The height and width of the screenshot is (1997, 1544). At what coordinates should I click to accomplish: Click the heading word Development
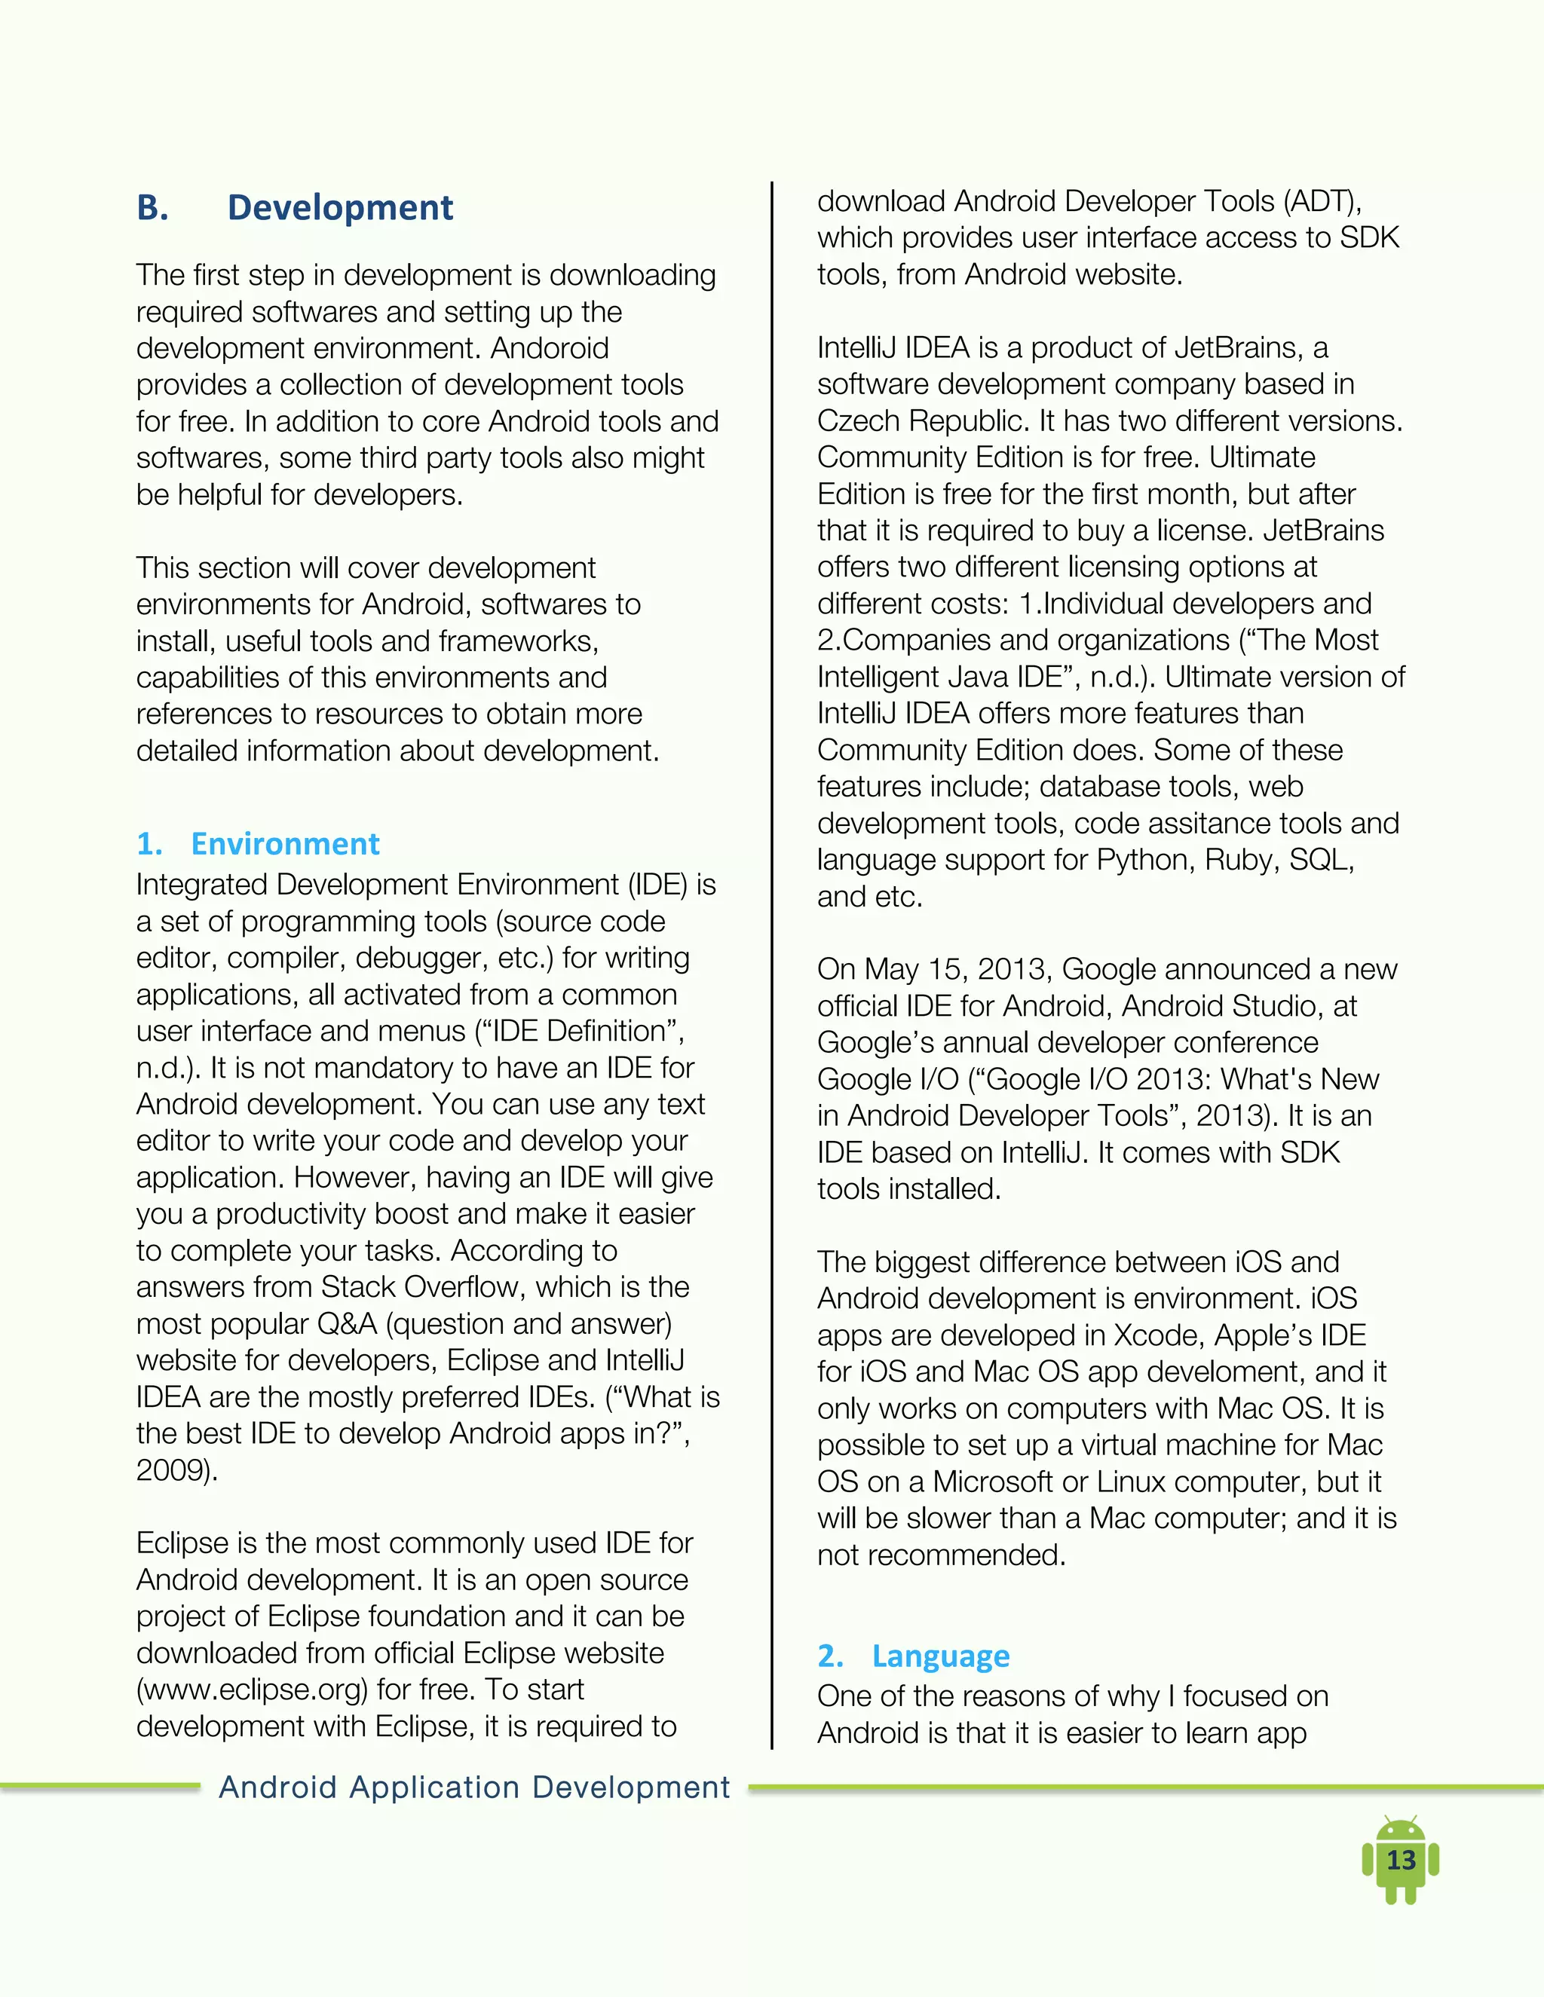click(339, 207)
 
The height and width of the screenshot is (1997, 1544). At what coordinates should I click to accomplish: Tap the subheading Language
click(940, 1655)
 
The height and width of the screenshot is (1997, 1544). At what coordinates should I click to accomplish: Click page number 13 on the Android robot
click(1401, 1860)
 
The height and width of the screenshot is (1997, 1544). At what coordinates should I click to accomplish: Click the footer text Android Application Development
click(473, 1786)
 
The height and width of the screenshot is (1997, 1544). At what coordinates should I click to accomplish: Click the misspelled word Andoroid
click(549, 348)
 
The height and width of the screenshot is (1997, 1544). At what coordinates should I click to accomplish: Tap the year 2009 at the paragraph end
click(174, 1469)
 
